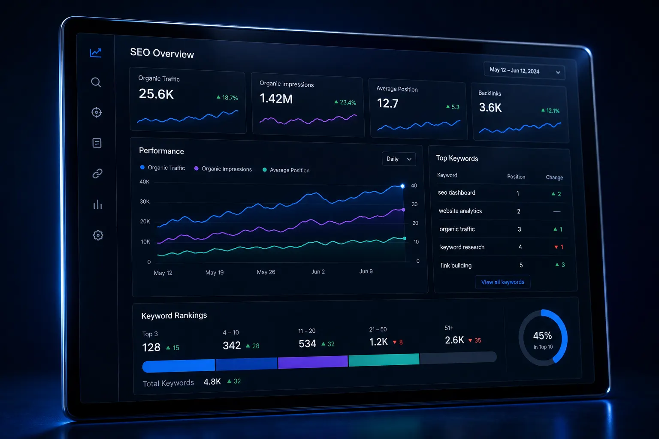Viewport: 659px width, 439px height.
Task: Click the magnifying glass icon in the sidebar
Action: (96, 82)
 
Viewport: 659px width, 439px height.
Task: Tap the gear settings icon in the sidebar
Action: (98, 235)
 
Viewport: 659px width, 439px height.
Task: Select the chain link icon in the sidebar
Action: (97, 174)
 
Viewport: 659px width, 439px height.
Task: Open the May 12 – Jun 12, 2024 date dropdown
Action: (524, 71)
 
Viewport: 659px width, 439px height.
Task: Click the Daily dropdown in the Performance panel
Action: (399, 159)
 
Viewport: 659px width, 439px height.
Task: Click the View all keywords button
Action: (502, 282)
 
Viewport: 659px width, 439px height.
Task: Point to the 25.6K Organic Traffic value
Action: (156, 94)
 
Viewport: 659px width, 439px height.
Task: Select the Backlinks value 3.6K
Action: (490, 108)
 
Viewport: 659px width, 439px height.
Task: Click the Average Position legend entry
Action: (286, 170)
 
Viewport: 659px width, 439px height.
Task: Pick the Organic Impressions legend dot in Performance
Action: (196, 168)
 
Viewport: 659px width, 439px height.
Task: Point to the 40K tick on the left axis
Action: (145, 182)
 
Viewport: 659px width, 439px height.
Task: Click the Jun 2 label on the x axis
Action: (318, 272)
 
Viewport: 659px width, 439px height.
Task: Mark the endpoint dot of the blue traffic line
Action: (402, 186)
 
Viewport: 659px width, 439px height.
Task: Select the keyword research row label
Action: (462, 247)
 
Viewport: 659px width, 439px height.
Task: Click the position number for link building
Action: (521, 265)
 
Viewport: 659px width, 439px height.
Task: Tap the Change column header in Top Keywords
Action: (554, 177)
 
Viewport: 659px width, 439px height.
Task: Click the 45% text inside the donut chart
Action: (542, 336)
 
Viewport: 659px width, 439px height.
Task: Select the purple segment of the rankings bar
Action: (313, 362)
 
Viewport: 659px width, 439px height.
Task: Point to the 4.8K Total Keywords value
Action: (212, 382)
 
